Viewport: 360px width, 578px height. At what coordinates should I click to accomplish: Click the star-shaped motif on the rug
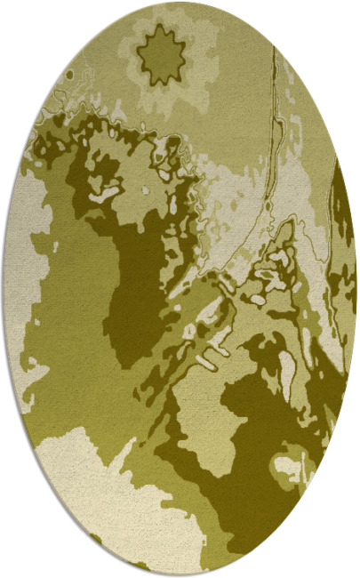click(160, 56)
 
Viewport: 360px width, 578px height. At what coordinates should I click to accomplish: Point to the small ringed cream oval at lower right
click(290, 464)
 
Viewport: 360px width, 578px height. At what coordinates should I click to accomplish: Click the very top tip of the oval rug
click(180, 3)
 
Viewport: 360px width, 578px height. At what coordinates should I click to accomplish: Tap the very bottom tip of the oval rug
click(180, 575)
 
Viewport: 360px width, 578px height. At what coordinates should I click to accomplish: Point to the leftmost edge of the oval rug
click(4, 289)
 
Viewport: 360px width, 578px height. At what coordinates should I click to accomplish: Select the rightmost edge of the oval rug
click(356, 289)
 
